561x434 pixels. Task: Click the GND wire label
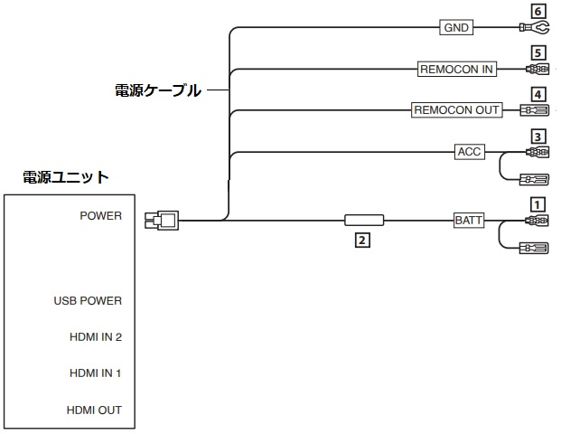tap(456, 28)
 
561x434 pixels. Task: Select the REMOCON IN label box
tap(456, 69)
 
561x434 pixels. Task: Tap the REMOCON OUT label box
tap(456, 110)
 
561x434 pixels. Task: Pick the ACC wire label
tap(469, 151)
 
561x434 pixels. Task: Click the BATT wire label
tap(469, 220)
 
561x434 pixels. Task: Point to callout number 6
tap(538, 11)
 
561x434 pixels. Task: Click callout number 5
tap(538, 52)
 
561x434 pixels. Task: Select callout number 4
tap(538, 93)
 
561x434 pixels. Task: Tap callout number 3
tap(538, 136)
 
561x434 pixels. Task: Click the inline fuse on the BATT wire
tap(363, 220)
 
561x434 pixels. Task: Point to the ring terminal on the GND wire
tap(537, 28)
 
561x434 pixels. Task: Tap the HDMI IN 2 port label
tap(95, 337)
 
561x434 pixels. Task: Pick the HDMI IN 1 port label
tap(95, 373)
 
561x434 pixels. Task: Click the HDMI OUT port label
tap(94, 410)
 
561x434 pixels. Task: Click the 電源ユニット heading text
tap(65, 177)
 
